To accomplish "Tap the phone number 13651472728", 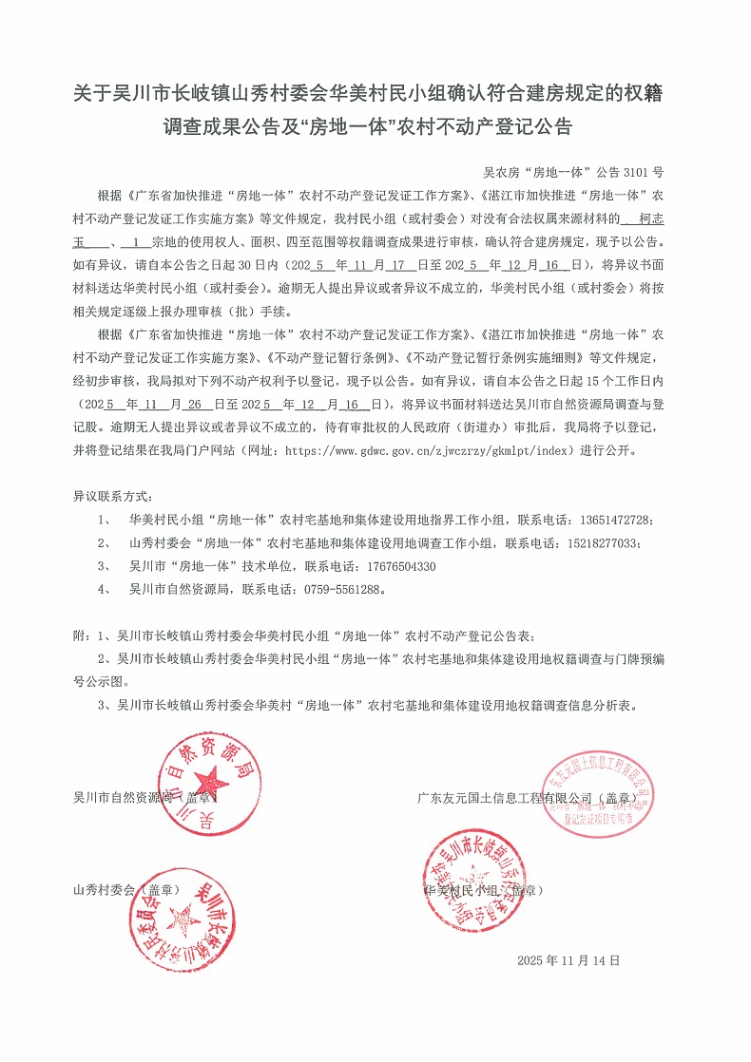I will click(x=618, y=521).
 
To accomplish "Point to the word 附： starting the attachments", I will click(x=84, y=635).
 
